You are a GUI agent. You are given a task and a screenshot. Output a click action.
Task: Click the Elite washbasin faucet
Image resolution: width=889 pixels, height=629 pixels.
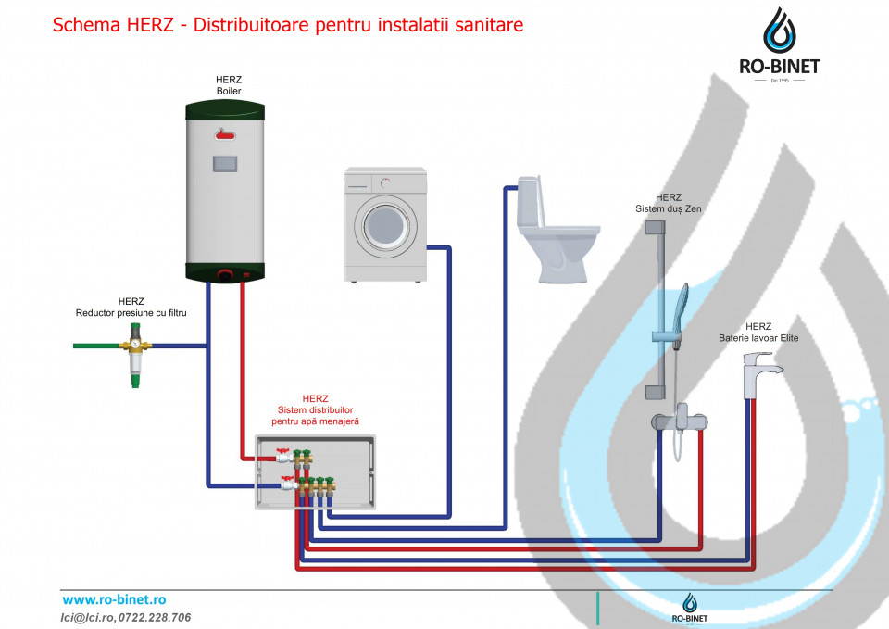(x=759, y=374)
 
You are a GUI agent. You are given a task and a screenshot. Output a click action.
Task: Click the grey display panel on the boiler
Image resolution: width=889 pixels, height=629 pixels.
(x=225, y=164)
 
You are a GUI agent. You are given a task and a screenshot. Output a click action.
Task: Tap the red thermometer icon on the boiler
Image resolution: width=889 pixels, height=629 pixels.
(x=225, y=134)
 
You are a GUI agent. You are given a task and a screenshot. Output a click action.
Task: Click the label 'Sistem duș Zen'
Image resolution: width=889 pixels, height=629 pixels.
(x=669, y=208)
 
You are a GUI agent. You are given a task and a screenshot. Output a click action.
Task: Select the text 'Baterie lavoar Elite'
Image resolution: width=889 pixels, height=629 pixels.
(x=758, y=338)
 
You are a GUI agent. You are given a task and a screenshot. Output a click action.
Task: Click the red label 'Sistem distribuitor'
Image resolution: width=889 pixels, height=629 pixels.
(x=315, y=410)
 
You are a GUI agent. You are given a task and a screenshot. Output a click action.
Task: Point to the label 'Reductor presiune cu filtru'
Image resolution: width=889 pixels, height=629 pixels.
(x=131, y=312)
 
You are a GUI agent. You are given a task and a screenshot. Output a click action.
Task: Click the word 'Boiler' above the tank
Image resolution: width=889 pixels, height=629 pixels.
(x=229, y=91)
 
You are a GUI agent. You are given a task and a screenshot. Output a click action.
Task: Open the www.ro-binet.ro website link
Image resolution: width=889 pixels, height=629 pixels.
(x=114, y=599)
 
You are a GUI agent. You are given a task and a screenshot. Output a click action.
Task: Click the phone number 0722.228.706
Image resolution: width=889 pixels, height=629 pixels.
(x=155, y=617)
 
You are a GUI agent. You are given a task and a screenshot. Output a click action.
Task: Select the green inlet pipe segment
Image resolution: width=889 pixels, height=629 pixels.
(x=96, y=346)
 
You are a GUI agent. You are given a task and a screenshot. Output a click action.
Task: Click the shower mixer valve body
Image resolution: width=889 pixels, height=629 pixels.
(x=680, y=421)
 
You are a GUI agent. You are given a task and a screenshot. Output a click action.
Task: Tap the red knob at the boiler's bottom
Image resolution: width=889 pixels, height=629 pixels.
(x=225, y=275)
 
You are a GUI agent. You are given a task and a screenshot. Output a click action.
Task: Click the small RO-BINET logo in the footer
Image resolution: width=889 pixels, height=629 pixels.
(x=689, y=608)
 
